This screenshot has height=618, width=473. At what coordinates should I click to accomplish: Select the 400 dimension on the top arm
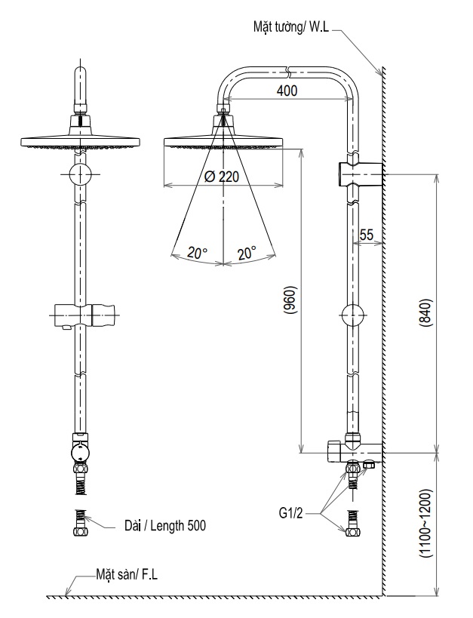(x=287, y=91)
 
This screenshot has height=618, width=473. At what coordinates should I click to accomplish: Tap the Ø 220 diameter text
(x=223, y=177)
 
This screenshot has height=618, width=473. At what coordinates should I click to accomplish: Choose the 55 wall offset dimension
(x=367, y=235)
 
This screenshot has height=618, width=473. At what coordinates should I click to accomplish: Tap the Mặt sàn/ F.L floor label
(x=126, y=576)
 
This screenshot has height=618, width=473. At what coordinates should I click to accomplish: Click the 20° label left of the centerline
(x=198, y=253)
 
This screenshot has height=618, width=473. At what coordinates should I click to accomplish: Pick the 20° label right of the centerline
(x=247, y=253)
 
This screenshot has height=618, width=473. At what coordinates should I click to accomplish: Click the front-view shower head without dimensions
(x=81, y=141)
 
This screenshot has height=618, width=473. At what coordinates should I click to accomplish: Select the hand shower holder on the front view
(x=84, y=314)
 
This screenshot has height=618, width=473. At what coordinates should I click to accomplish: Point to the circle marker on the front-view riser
(x=81, y=175)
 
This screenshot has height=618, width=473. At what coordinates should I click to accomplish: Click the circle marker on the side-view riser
(x=353, y=314)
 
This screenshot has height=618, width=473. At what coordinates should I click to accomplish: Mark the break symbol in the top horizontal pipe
(x=290, y=72)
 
